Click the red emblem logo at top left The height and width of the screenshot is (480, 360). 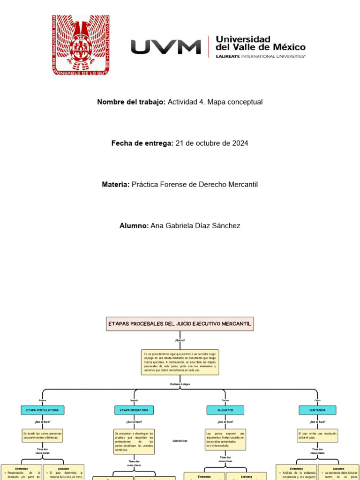click(81, 45)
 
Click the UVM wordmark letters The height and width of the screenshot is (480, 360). click(165, 47)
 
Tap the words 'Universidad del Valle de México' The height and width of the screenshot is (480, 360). click(260, 43)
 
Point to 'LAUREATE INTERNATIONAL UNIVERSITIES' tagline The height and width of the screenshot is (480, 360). click(260, 56)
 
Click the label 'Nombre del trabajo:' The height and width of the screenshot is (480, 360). click(131, 102)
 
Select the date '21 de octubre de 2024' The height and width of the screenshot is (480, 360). click(212, 143)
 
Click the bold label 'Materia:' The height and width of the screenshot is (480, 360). click(116, 185)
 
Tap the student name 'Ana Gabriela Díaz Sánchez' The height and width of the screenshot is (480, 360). click(195, 226)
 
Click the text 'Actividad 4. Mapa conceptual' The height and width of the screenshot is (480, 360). click(215, 102)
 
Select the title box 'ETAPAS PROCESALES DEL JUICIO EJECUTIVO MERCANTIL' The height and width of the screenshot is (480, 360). click(180, 323)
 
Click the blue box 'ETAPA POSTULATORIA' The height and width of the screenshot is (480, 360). click(43, 410)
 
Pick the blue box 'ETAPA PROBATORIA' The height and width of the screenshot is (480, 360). click(134, 410)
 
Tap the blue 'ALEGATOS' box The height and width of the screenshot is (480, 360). click(225, 410)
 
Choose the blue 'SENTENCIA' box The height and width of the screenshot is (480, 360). click(317, 410)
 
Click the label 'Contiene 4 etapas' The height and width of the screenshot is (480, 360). click(180, 384)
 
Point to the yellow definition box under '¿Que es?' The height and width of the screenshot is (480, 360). click(180, 362)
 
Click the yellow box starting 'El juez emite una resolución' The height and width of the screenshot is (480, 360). click(317, 435)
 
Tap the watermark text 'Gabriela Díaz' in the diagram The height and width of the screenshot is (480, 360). click(180, 441)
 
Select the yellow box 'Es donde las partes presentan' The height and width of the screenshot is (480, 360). click(43, 435)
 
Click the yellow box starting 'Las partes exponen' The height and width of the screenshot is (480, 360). click(225, 440)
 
